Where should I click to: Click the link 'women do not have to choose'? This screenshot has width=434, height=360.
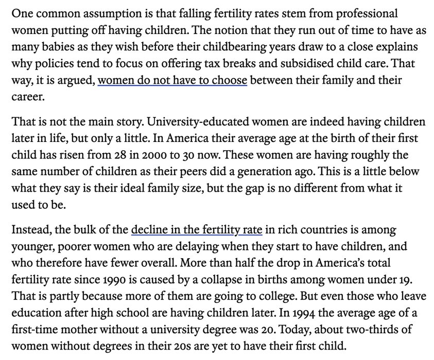pos(172,81)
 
